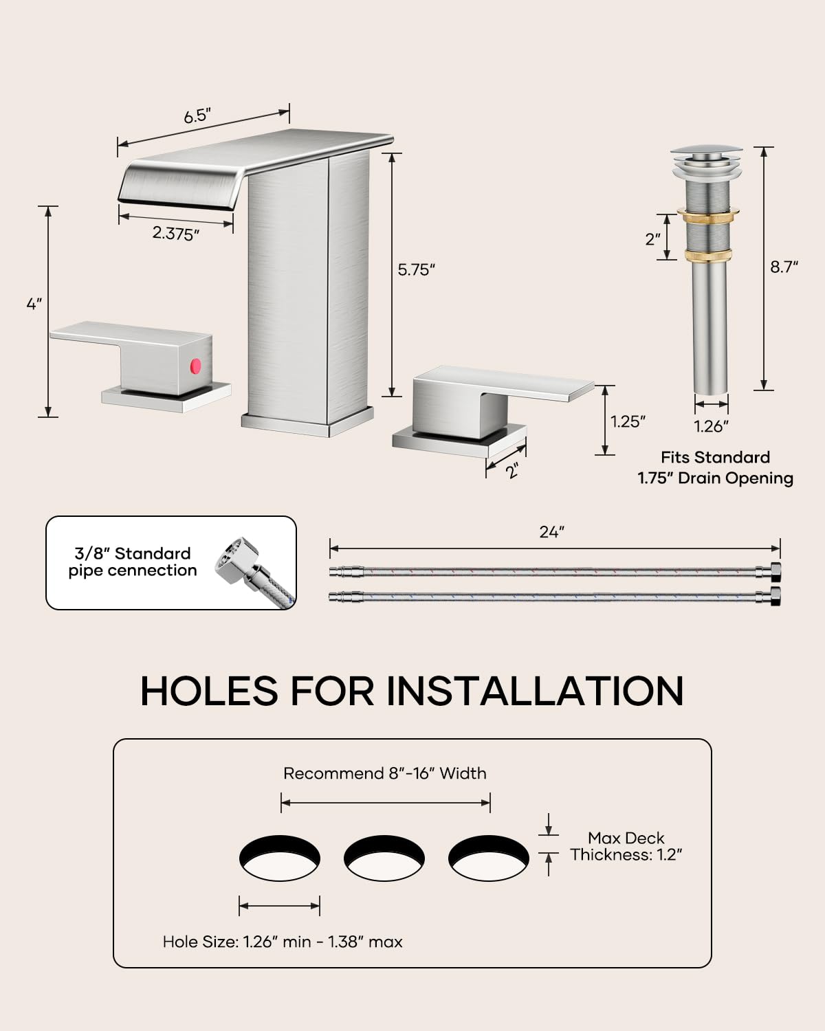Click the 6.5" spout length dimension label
(197, 116)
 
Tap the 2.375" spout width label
(175, 234)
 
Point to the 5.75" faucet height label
(416, 269)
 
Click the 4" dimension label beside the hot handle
(34, 304)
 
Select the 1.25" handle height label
(628, 421)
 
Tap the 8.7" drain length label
(784, 267)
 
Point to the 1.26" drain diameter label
(712, 426)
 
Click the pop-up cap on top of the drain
(707, 153)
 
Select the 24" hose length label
(552, 532)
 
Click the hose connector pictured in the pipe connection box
(254, 572)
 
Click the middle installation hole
(384, 858)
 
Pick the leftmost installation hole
(280, 858)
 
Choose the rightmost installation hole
(489, 858)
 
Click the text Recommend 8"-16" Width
(384, 773)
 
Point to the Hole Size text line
(283, 942)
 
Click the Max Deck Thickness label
(626, 846)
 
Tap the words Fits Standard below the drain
(715, 457)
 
